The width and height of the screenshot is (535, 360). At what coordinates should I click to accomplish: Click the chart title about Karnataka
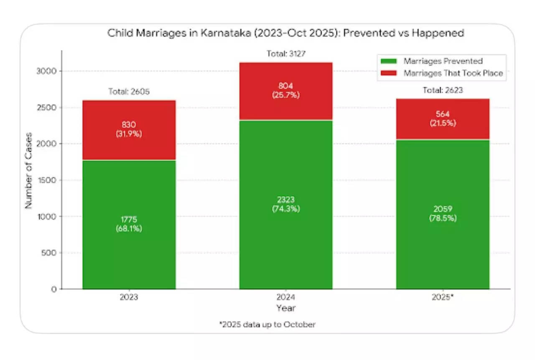(x=285, y=33)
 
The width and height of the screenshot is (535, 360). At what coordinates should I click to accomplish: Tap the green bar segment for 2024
(x=285, y=242)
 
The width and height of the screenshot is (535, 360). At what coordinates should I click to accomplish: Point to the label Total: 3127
(x=285, y=54)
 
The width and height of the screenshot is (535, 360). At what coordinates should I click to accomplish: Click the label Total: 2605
(x=129, y=91)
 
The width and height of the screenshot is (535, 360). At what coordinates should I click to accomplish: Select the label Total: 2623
(x=443, y=90)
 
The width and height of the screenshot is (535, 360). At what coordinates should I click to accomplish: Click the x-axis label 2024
(x=285, y=298)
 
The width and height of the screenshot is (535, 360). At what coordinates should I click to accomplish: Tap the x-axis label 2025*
(x=443, y=298)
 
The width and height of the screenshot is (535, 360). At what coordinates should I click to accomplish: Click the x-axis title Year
(x=285, y=308)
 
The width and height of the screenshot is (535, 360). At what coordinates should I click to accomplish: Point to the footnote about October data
(x=267, y=325)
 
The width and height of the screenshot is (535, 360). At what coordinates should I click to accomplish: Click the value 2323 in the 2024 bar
(x=285, y=200)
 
